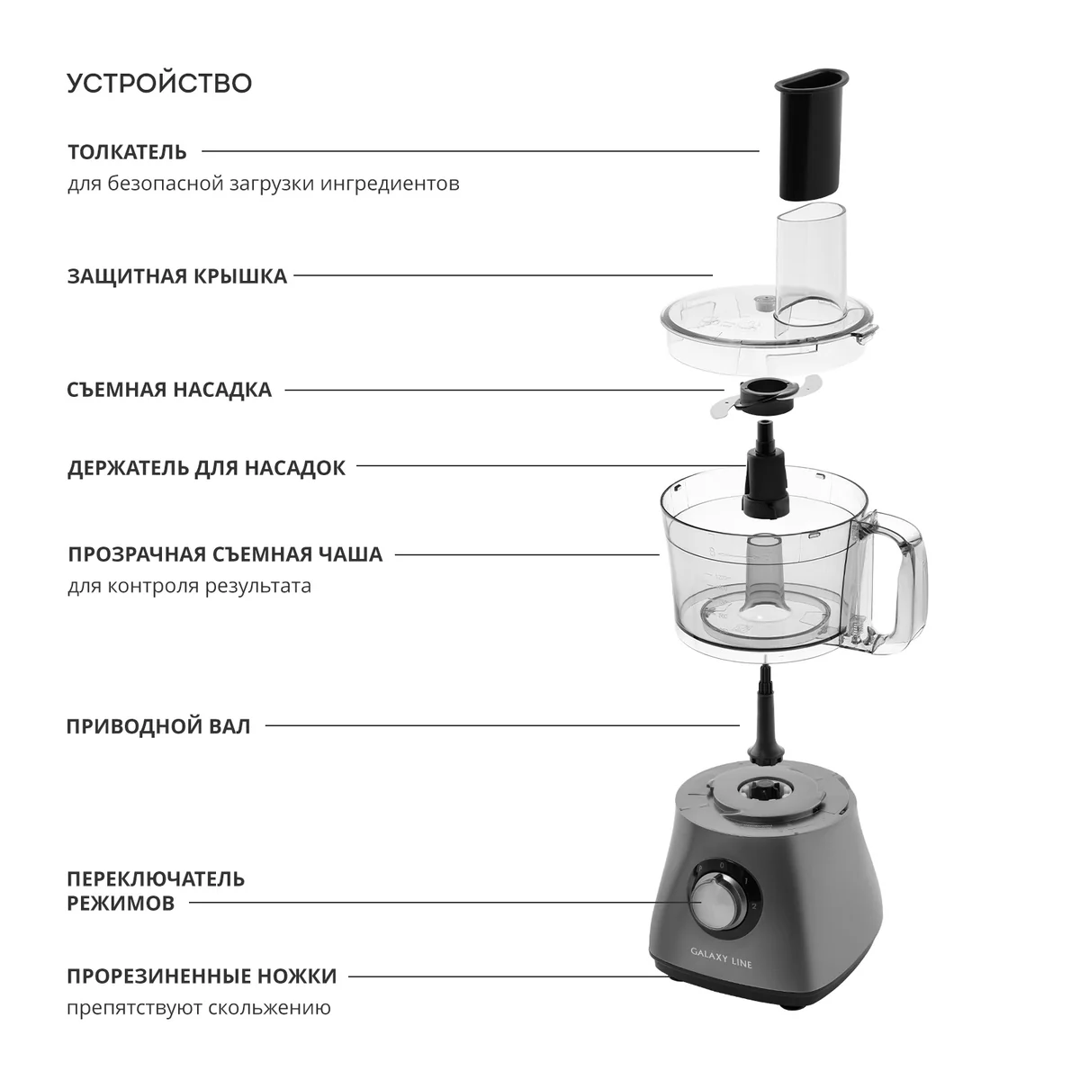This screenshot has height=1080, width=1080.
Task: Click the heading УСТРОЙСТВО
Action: click(x=159, y=83)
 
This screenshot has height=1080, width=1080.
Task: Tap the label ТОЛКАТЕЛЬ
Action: click(x=127, y=152)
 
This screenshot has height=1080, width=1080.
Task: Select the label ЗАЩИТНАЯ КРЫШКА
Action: click(x=177, y=276)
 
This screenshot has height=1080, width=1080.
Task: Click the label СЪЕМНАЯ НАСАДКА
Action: click(x=169, y=390)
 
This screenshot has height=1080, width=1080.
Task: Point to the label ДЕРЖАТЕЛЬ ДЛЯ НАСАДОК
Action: click(x=206, y=467)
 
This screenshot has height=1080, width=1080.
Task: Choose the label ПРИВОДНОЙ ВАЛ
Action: click(x=158, y=725)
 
